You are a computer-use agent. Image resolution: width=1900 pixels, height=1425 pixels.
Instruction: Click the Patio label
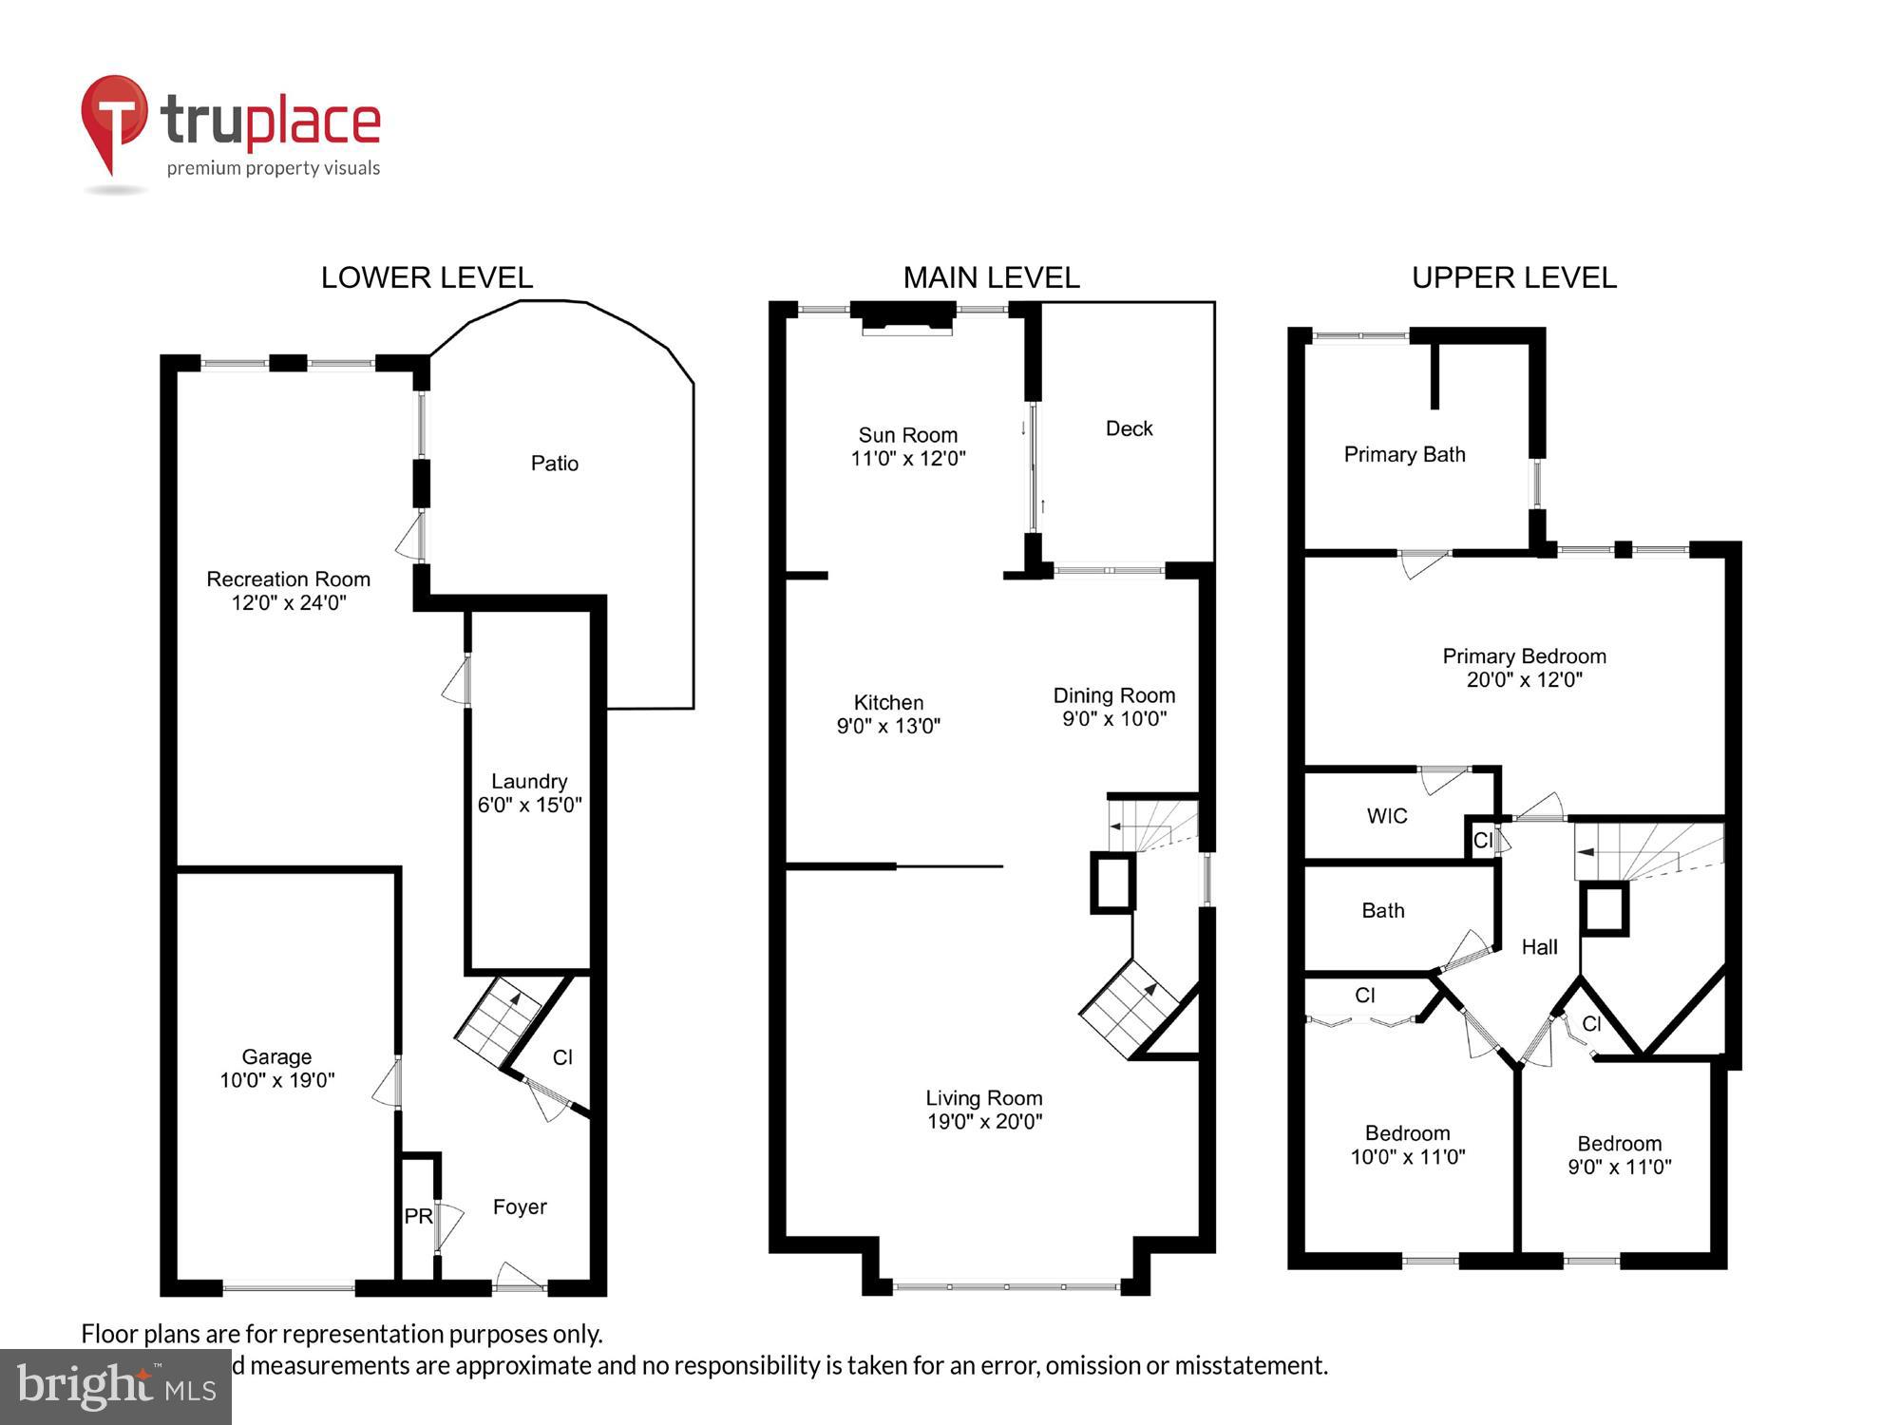[x=554, y=464]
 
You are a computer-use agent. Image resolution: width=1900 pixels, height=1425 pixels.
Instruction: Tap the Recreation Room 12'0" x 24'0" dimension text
[x=288, y=602]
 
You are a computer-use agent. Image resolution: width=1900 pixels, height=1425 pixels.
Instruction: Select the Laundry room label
[x=529, y=781]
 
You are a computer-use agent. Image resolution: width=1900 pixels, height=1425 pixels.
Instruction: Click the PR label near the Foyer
[x=418, y=1216]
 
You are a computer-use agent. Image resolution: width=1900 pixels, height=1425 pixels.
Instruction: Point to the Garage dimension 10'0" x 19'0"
[x=276, y=1080]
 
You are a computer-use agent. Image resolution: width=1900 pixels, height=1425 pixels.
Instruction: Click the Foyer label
[x=520, y=1206]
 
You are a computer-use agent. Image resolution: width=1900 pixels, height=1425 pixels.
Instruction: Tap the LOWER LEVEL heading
[x=427, y=277]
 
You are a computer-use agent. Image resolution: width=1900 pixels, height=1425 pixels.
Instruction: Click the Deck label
[x=1129, y=428]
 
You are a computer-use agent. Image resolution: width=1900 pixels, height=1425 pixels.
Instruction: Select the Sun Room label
[x=907, y=435]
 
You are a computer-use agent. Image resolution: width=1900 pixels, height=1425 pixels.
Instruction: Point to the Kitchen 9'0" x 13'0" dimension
[x=888, y=726]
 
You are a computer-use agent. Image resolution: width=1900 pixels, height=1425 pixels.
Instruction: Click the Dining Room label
[x=1113, y=695]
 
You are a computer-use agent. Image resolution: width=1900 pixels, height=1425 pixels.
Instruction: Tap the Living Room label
[x=984, y=1098]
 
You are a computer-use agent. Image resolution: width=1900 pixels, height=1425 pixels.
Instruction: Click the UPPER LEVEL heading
[x=1513, y=277]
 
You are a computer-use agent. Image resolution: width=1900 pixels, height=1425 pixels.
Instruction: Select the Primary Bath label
[x=1404, y=455]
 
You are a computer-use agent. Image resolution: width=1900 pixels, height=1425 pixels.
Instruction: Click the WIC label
[x=1387, y=816]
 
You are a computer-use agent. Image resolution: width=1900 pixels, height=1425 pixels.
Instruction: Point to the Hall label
[x=1539, y=947]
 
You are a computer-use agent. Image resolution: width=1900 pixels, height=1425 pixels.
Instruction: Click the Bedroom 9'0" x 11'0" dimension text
[x=1619, y=1167]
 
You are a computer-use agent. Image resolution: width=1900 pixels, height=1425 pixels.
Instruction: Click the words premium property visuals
[x=274, y=169]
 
